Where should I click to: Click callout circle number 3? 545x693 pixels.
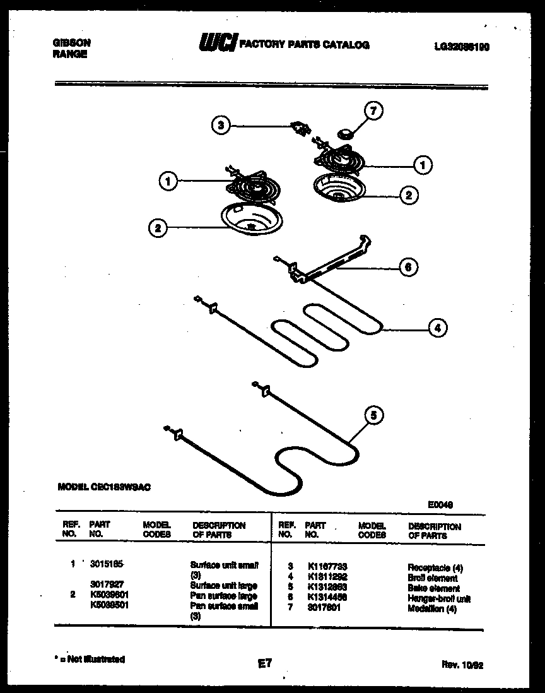tap(220, 125)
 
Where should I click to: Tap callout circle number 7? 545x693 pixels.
tap(373, 111)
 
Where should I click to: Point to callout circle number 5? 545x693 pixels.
tap(374, 415)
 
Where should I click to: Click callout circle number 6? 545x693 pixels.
tap(408, 267)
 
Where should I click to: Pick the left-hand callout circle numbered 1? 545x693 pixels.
tap(167, 182)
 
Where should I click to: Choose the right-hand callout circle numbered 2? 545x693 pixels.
tap(409, 195)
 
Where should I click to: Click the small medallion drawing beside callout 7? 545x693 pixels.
tap(345, 133)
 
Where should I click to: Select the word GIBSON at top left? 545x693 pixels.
tap(70, 43)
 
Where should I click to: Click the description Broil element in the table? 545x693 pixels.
tap(433, 577)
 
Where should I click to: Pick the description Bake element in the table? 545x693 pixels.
tap(433, 588)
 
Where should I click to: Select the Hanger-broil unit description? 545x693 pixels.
tap(439, 598)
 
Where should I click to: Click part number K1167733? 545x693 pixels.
tap(327, 567)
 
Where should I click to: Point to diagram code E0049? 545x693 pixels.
tap(440, 504)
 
